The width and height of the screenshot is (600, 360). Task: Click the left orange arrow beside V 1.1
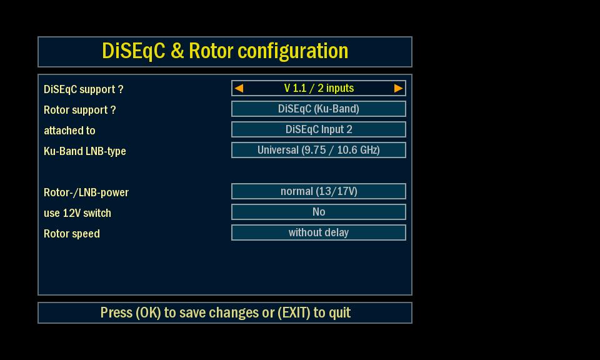pos(239,88)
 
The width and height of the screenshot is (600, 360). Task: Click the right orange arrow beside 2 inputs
pos(398,88)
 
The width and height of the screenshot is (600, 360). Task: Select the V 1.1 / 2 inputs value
pos(319,88)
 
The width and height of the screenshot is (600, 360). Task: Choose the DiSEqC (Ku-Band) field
pos(319,109)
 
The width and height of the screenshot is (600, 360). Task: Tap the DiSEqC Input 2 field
pos(319,130)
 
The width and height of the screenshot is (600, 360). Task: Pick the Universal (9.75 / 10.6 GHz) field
pos(319,151)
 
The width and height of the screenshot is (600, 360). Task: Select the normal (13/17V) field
pos(319,191)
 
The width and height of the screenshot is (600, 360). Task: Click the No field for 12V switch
pos(319,212)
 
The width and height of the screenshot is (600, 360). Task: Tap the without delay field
pos(319,232)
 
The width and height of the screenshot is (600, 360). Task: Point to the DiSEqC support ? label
pos(83,89)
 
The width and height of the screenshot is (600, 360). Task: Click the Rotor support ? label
pos(79,110)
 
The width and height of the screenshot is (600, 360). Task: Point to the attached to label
pos(69,131)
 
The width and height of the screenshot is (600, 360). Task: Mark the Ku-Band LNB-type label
pos(85,151)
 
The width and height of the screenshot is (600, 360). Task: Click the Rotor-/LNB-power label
pos(86,192)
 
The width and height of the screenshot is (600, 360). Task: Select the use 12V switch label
pos(77,213)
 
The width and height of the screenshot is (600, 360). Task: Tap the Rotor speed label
pos(72,234)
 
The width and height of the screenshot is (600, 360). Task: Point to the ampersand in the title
pos(177,51)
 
